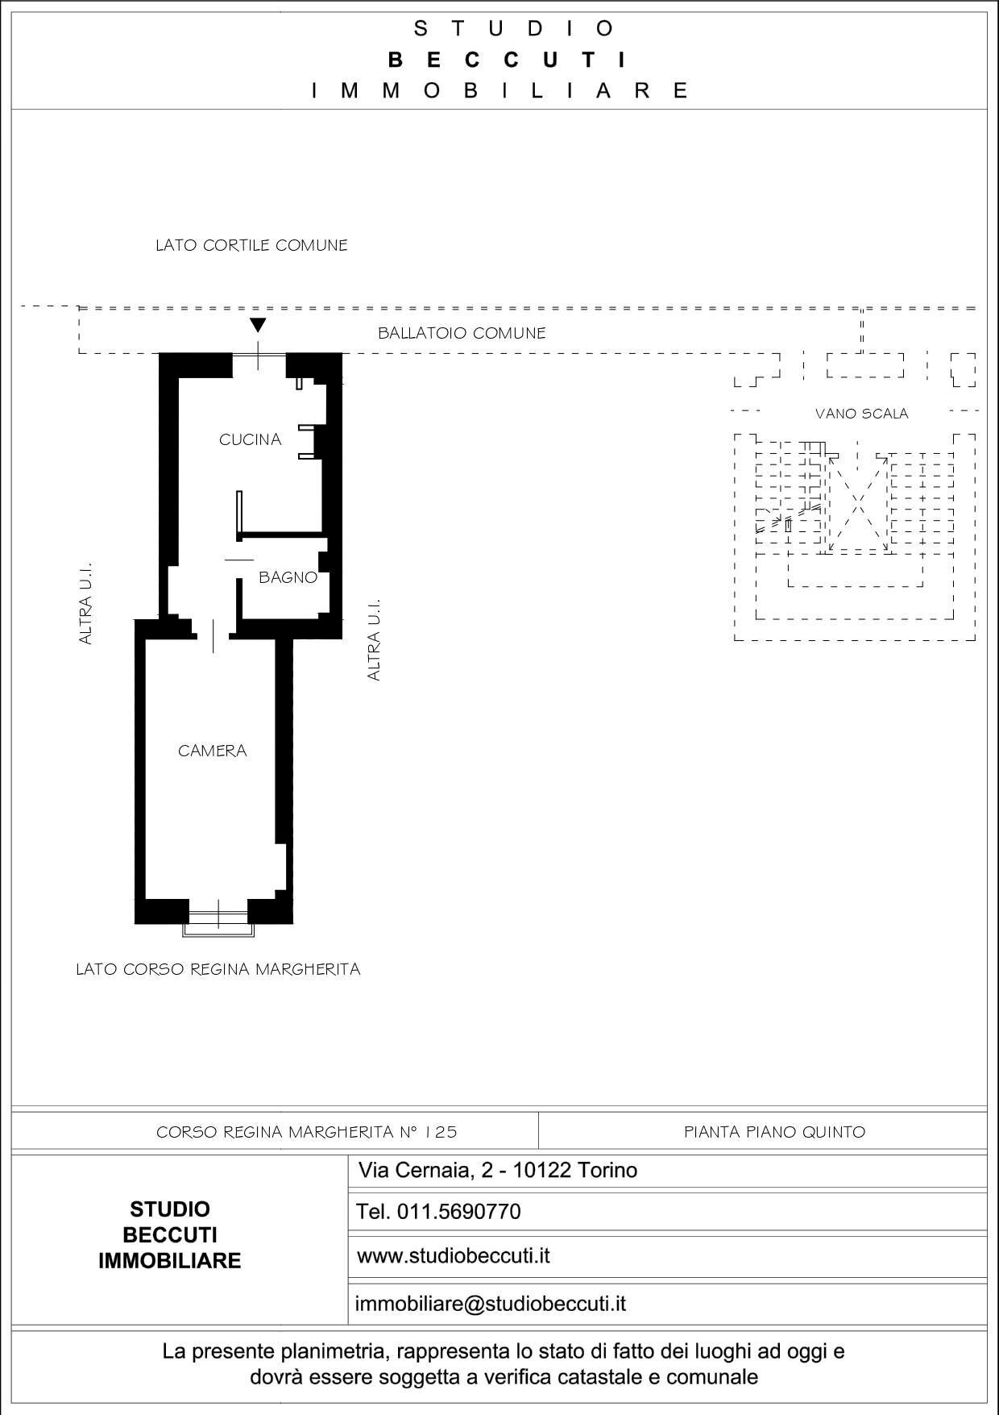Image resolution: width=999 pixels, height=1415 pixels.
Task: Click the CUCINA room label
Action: point(250,439)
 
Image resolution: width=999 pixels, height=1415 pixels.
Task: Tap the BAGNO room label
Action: point(288,577)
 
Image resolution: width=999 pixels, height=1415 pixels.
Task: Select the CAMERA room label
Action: point(212,751)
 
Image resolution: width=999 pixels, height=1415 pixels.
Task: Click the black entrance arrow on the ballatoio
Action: point(258,326)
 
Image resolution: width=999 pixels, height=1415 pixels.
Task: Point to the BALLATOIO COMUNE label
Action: point(462,333)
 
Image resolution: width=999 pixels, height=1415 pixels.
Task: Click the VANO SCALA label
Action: point(861,414)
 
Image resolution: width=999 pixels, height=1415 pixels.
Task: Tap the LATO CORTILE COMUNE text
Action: point(251,245)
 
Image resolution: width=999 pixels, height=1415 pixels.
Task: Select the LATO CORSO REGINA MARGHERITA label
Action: point(218,969)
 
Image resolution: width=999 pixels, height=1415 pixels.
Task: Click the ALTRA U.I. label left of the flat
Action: point(85,603)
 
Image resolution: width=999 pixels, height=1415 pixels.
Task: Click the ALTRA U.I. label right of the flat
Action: point(373,639)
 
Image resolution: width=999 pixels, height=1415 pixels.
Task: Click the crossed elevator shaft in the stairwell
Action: point(858,505)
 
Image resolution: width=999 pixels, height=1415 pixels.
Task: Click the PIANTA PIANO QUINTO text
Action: point(774,1132)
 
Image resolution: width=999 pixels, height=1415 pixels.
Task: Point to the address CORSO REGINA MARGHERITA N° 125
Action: point(306,1132)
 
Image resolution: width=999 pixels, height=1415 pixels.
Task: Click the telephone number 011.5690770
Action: point(439,1212)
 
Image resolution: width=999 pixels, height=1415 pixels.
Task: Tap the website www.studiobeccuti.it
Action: point(453,1255)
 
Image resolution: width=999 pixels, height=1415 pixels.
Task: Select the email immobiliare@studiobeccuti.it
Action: point(490,1304)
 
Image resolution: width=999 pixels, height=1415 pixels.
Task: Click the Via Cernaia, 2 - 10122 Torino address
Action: point(497,1170)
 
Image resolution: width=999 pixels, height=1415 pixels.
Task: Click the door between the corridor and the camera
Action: point(213,635)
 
